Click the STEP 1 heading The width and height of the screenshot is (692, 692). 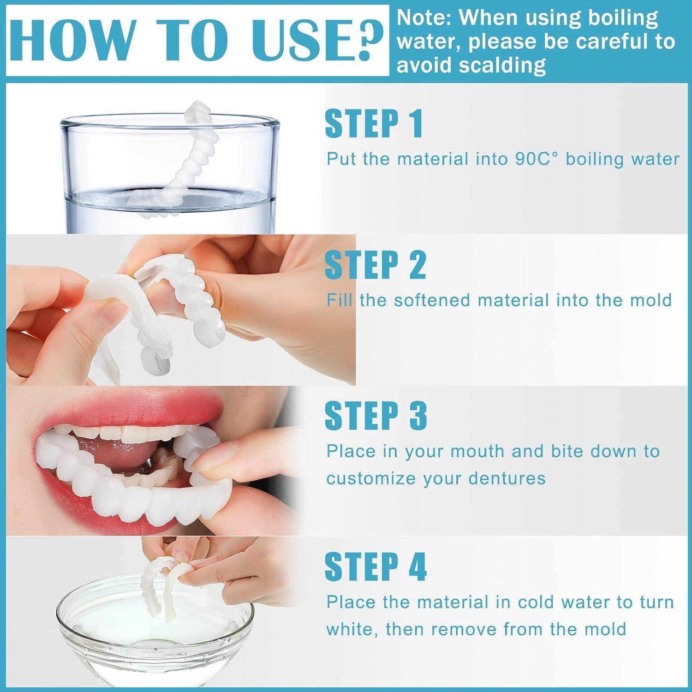pyautogui.click(x=374, y=124)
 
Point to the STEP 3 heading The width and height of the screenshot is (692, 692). pyautogui.click(x=376, y=415)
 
